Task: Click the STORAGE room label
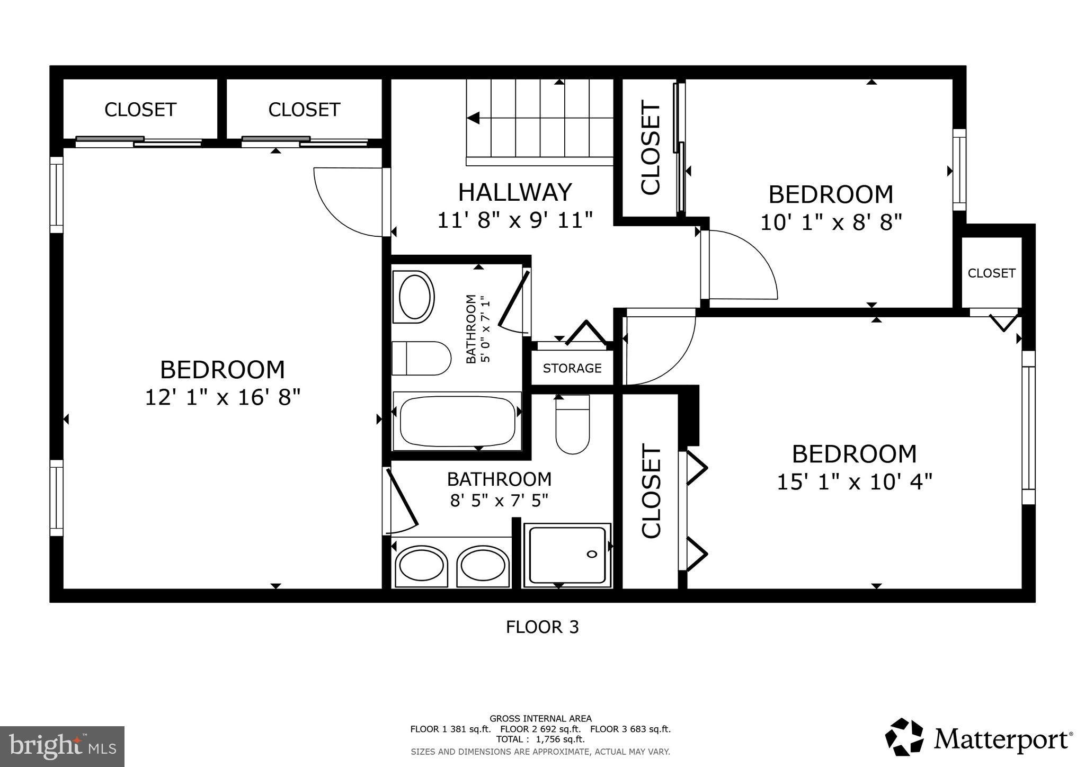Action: (x=572, y=368)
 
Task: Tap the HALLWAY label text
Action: (x=515, y=192)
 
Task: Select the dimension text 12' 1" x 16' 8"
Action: (x=223, y=397)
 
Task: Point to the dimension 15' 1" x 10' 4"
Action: (x=854, y=482)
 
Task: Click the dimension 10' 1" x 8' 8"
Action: (x=831, y=222)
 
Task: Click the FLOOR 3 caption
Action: (x=542, y=627)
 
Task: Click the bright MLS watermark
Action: (x=63, y=747)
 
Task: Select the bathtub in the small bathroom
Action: (x=457, y=422)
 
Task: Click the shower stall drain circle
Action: (x=592, y=554)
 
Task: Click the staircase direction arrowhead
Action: (x=473, y=118)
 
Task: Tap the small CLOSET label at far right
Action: (x=991, y=273)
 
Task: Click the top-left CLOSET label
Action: (x=140, y=110)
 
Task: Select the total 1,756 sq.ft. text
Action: (x=540, y=739)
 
